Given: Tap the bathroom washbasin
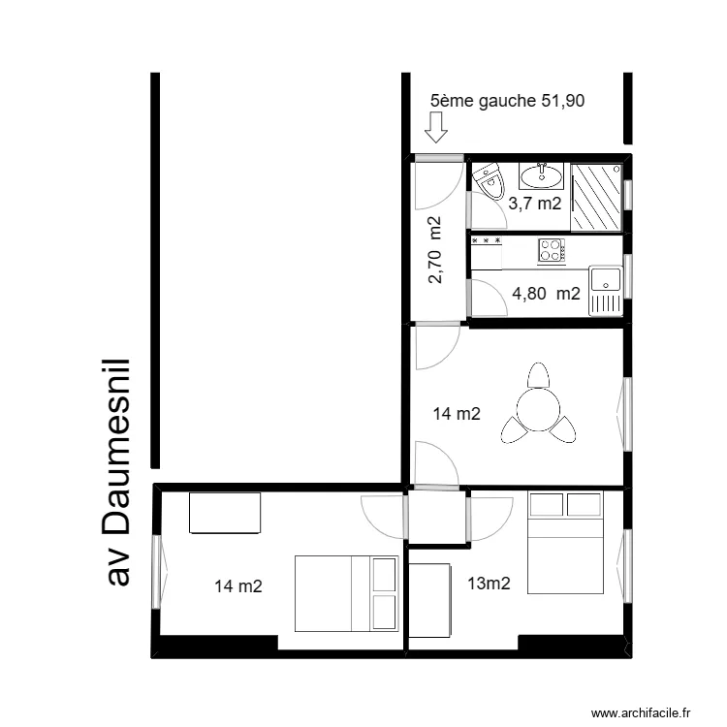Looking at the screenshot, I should coord(540,175).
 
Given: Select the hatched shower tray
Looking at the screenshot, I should coord(595,197).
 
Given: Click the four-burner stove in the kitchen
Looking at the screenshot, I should coord(552,250).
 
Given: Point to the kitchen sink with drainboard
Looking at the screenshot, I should coord(606,291).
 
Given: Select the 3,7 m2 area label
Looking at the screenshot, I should coord(534,204).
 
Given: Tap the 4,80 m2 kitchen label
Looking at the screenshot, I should coord(547,294).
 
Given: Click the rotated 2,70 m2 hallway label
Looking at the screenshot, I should coord(435,250).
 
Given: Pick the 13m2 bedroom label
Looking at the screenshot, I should coord(490,584).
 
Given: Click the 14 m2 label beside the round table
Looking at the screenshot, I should coord(457,415).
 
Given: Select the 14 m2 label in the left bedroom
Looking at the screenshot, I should coord(238,585).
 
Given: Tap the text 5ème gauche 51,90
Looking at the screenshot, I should coord(507,100).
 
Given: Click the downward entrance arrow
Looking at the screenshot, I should coord(436,126).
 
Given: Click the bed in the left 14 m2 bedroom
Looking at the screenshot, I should coord(346,593).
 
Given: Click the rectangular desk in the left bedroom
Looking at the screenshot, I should coord(225,513).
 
